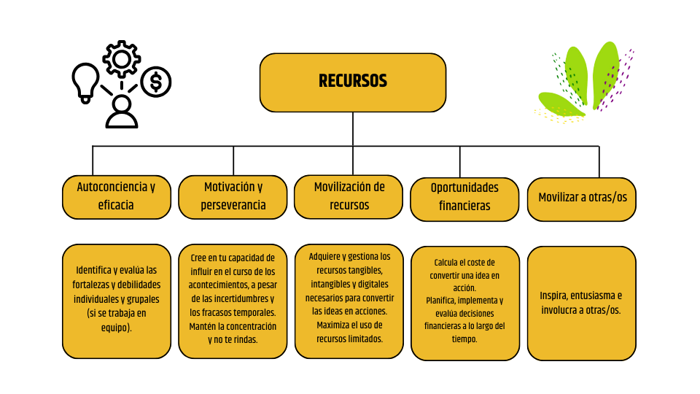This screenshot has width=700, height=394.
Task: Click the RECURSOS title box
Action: point(353,82)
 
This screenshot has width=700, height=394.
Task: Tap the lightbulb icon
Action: point(86,81)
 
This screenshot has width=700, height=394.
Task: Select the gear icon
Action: point(122,59)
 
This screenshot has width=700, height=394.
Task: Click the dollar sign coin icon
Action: point(155,82)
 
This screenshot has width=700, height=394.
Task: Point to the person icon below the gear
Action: point(121,112)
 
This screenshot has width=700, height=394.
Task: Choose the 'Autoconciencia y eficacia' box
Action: point(116,196)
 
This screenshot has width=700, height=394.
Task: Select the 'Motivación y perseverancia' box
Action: point(233,196)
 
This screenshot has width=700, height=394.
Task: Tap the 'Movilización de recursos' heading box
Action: point(349,196)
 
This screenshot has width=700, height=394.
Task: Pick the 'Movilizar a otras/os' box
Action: point(582,198)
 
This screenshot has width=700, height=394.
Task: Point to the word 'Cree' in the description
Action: point(199,258)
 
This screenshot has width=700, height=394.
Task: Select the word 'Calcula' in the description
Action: point(448,262)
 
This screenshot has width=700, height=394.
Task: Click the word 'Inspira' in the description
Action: point(554,295)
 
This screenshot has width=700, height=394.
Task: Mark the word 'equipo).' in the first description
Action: point(116,328)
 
